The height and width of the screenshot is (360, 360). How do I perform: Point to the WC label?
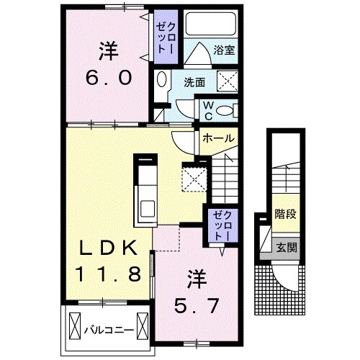coord(207,110)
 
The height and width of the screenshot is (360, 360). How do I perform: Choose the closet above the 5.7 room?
coord(219,225)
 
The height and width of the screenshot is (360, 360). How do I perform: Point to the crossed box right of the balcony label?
coord(143,329)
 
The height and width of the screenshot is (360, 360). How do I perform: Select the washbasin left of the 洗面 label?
coord(162,82)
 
